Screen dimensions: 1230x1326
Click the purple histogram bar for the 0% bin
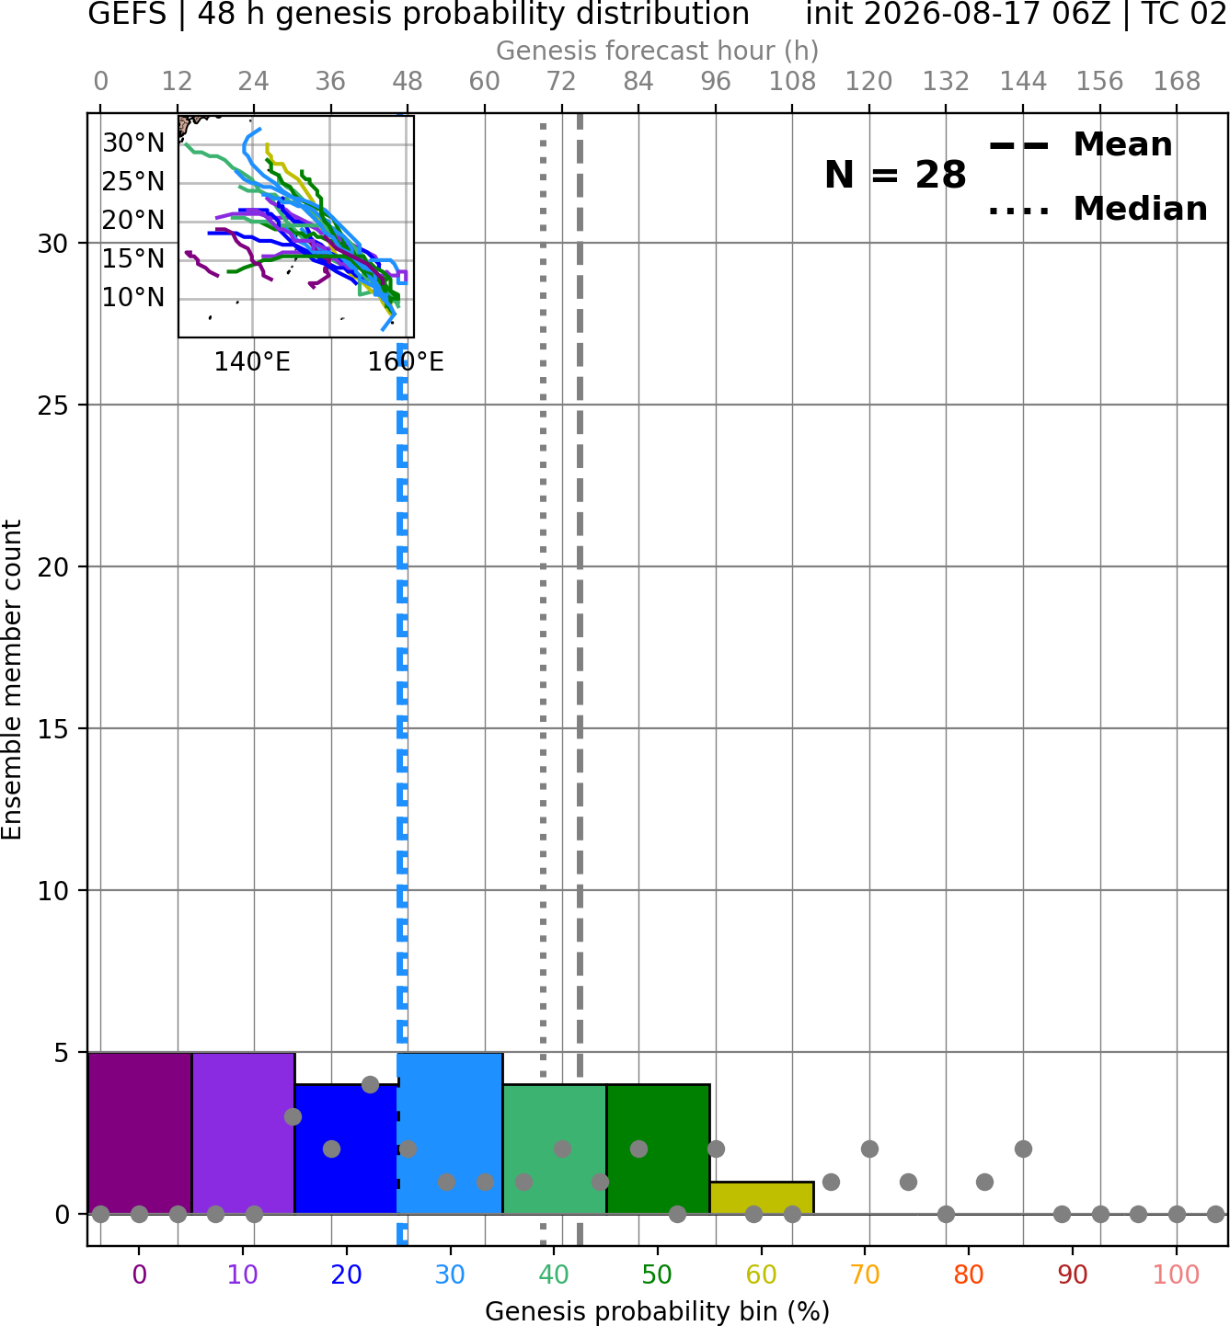[x=140, y=1132]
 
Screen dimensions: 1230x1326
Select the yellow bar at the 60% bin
[x=762, y=1197]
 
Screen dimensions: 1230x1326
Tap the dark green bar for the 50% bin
[x=658, y=1149]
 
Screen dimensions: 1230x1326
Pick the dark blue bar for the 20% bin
[x=347, y=1149]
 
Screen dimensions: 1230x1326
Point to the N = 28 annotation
[x=895, y=175]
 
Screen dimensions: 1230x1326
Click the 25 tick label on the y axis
[x=52, y=406]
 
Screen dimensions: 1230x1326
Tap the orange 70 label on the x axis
[x=865, y=1275]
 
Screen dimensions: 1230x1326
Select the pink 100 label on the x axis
[x=1177, y=1275]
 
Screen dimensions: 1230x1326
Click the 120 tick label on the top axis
[x=869, y=82]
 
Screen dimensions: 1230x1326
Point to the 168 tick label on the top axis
[x=1177, y=82]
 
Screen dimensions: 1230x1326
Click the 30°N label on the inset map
[x=133, y=143]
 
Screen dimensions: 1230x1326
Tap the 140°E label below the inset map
[x=252, y=362]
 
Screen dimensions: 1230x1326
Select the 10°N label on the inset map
[x=133, y=298]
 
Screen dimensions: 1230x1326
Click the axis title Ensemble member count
[x=12, y=680]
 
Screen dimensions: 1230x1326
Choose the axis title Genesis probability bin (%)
[x=658, y=1311]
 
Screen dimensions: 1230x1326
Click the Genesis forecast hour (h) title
[x=658, y=51]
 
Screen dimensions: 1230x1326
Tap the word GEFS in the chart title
[x=127, y=14]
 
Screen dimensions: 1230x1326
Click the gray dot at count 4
[x=370, y=1085]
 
